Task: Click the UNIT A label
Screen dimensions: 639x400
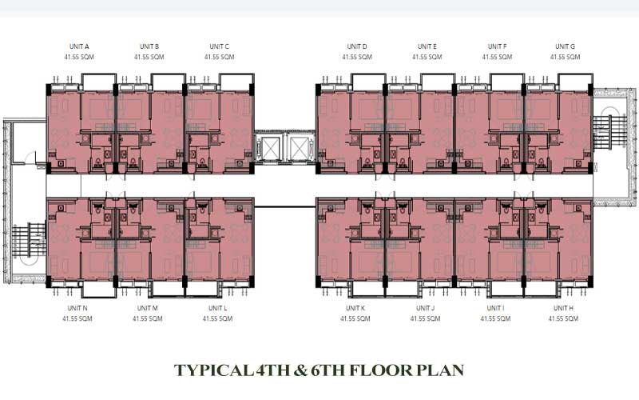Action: click(x=79, y=46)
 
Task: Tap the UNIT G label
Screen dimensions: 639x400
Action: click(x=565, y=46)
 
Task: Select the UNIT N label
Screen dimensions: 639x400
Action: click(x=77, y=308)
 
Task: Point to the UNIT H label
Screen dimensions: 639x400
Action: click(x=563, y=308)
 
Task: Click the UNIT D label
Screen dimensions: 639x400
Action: click(x=357, y=46)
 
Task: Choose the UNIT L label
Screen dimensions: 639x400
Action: click(x=217, y=308)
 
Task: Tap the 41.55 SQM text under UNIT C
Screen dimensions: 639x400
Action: click(x=219, y=57)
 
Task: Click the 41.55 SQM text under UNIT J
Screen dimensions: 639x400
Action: click(x=426, y=318)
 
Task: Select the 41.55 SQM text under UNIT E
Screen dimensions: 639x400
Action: click(x=427, y=57)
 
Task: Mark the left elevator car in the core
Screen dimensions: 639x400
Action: click(x=271, y=149)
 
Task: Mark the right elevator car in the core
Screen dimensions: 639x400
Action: click(x=298, y=149)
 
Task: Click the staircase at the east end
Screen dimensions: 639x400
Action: click(x=609, y=132)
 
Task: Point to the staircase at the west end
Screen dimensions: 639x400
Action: click(x=29, y=240)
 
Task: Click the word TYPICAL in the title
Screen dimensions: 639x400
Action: click(x=212, y=370)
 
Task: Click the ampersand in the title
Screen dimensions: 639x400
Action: click(x=300, y=370)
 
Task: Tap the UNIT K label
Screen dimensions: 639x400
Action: click(x=355, y=308)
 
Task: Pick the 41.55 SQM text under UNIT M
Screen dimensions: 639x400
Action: click(x=148, y=318)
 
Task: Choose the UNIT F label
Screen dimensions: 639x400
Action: click(x=497, y=46)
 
